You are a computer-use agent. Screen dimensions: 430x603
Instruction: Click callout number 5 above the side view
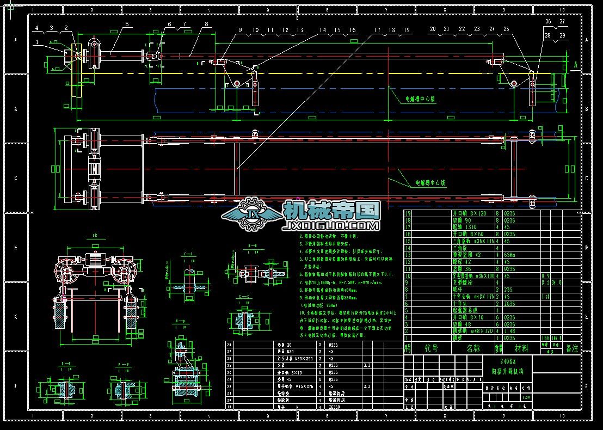click(127, 24)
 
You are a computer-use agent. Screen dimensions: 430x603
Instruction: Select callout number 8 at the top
click(207, 24)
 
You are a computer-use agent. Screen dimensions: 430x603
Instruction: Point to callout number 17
click(377, 30)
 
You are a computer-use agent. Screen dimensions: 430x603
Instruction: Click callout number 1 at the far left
click(36, 42)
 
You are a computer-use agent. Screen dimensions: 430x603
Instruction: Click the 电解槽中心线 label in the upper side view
click(420, 100)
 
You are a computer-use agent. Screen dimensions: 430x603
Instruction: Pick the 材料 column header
click(521, 348)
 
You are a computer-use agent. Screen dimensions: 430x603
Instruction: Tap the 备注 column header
click(572, 348)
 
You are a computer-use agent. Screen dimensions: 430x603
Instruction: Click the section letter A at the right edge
click(576, 64)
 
